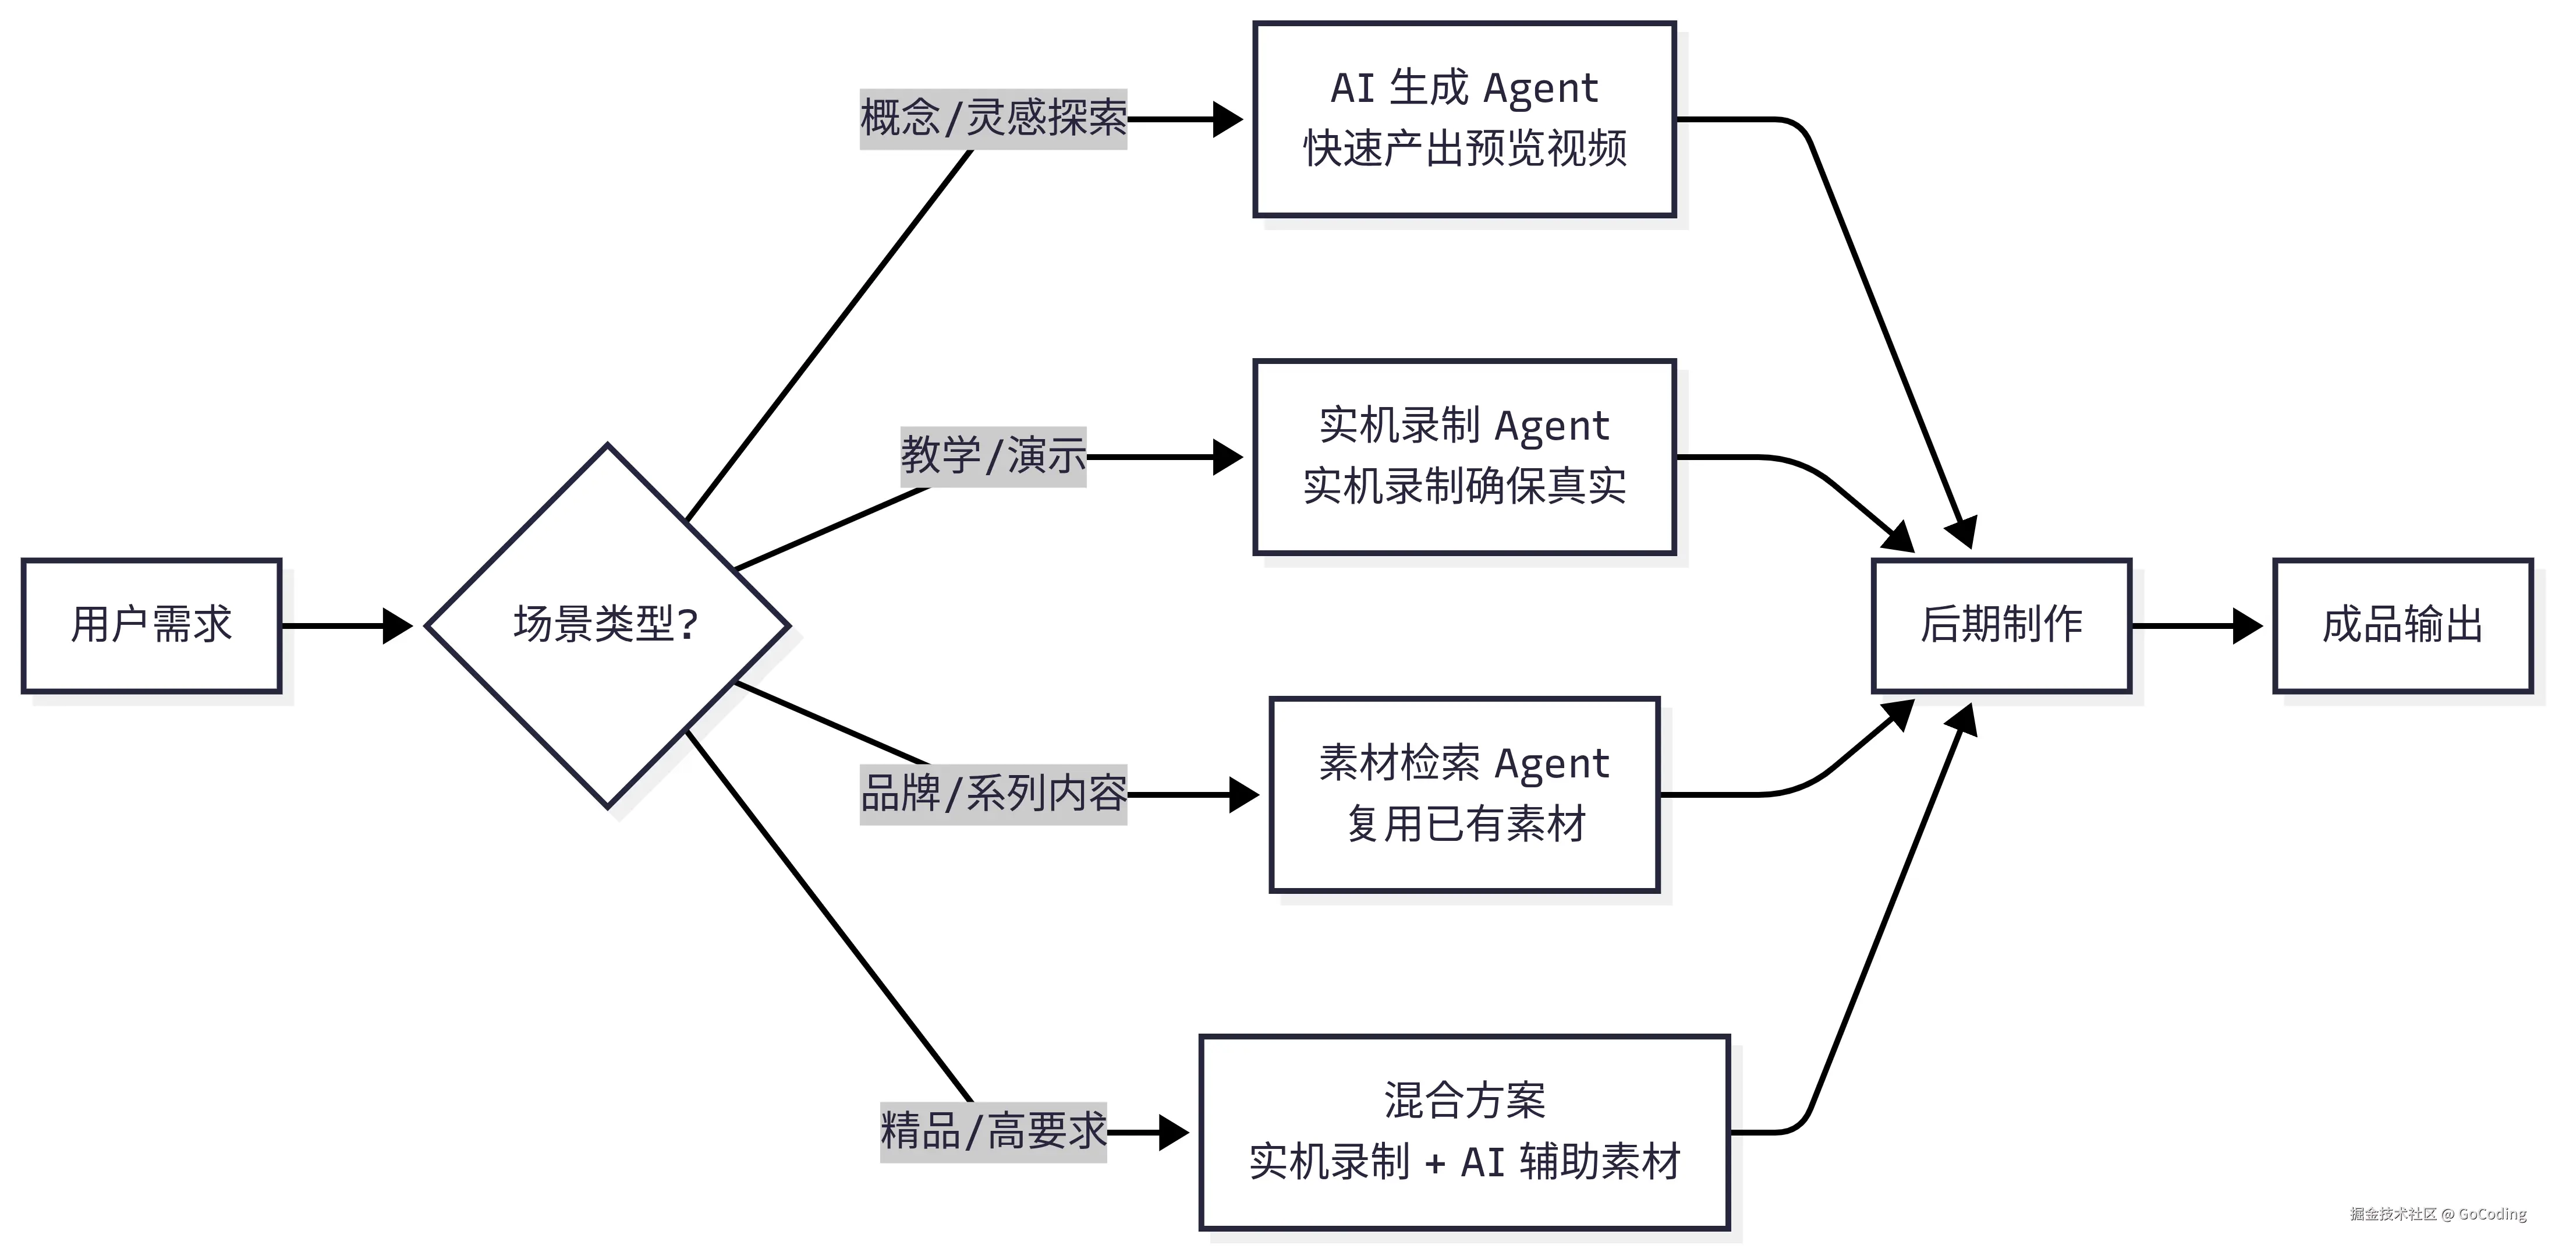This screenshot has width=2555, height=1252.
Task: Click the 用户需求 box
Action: click(x=152, y=625)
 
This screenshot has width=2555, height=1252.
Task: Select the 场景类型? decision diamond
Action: click(x=607, y=625)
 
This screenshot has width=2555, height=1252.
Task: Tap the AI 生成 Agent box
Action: click(x=1464, y=119)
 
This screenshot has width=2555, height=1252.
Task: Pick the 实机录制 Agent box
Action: click(x=1464, y=457)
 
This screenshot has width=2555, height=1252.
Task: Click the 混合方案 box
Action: click(x=1464, y=1132)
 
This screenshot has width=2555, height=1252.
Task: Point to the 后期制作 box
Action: click(x=2001, y=625)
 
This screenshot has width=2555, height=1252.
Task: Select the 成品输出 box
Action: click(x=2402, y=625)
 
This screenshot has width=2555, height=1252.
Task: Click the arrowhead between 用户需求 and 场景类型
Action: click(x=398, y=625)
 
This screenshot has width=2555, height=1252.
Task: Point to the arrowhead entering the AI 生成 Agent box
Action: click(x=1228, y=119)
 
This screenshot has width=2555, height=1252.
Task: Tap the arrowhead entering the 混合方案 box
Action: click(x=1174, y=1132)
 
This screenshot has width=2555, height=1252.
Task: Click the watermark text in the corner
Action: click(x=2437, y=1214)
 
